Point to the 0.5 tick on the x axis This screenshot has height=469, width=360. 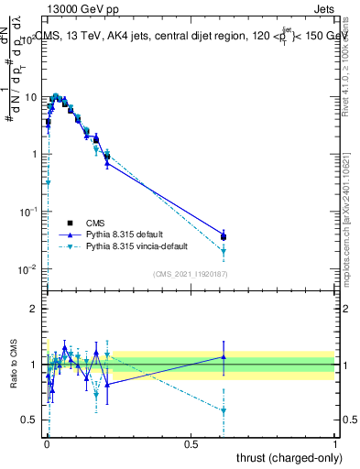pos(191,444)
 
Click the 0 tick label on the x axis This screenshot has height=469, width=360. pos(47,444)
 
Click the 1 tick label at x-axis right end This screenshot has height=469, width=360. pos(335,444)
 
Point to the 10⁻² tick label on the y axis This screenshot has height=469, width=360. pos(30,269)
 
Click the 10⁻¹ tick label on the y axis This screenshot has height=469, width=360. pos(30,212)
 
